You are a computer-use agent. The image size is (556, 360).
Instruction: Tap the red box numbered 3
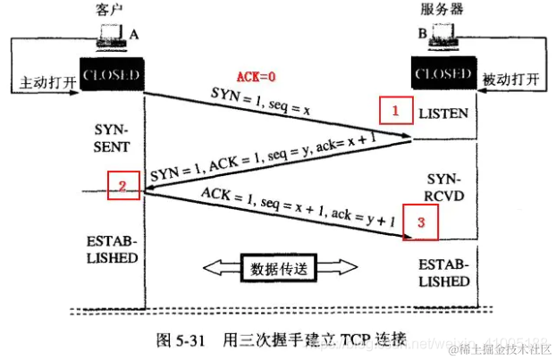419,221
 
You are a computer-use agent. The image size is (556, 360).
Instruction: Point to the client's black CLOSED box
111,75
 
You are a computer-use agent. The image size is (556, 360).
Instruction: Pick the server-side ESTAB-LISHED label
444,272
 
